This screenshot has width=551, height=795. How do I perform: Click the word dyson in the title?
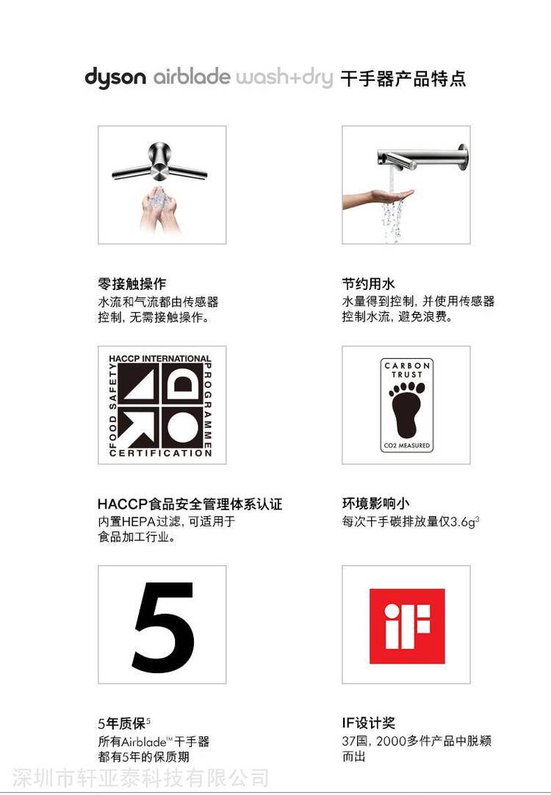[x=115, y=79]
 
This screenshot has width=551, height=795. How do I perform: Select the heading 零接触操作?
[x=132, y=283]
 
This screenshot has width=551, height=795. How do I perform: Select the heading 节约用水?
[x=368, y=283]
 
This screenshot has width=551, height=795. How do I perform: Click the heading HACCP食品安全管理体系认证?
[x=190, y=504]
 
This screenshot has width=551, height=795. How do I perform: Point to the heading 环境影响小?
[x=375, y=504]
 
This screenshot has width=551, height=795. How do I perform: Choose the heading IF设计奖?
[x=368, y=723]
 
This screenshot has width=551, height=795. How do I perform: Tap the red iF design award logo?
[x=407, y=626]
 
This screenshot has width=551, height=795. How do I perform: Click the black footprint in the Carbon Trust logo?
[x=406, y=410]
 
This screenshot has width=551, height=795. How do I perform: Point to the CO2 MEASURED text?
[x=407, y=446]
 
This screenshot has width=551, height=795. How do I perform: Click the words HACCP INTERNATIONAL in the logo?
[x=159, y=358]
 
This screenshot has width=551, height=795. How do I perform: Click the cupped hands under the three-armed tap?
[x=159, y=209]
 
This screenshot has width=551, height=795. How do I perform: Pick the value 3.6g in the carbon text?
[x=463, y=522]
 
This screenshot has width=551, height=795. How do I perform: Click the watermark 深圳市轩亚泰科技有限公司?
[x=140, y=778]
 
